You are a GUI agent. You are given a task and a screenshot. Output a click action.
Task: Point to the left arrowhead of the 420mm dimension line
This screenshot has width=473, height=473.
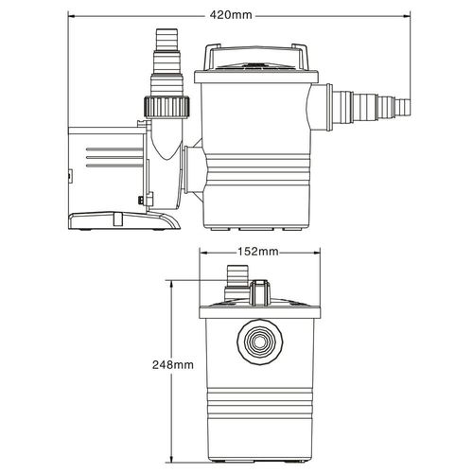click(73, 16)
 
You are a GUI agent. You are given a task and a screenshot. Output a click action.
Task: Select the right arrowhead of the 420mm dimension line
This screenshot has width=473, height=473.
click(408, 16)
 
